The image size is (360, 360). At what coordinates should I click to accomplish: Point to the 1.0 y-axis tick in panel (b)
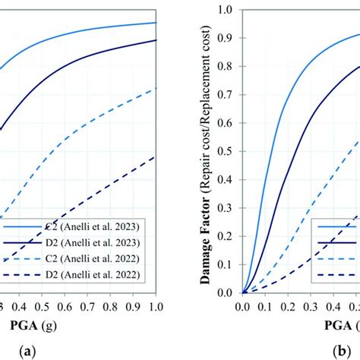click(x=226, y=10)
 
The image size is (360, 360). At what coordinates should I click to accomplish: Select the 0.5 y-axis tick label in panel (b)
click(x=226, y=151)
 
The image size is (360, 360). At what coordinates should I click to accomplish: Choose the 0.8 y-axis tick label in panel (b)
click(x=226, y=66)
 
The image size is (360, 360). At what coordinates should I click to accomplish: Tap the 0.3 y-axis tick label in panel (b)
click(x=226, y=207)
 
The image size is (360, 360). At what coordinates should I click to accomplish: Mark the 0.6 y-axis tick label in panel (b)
click(x=226, y=123)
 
